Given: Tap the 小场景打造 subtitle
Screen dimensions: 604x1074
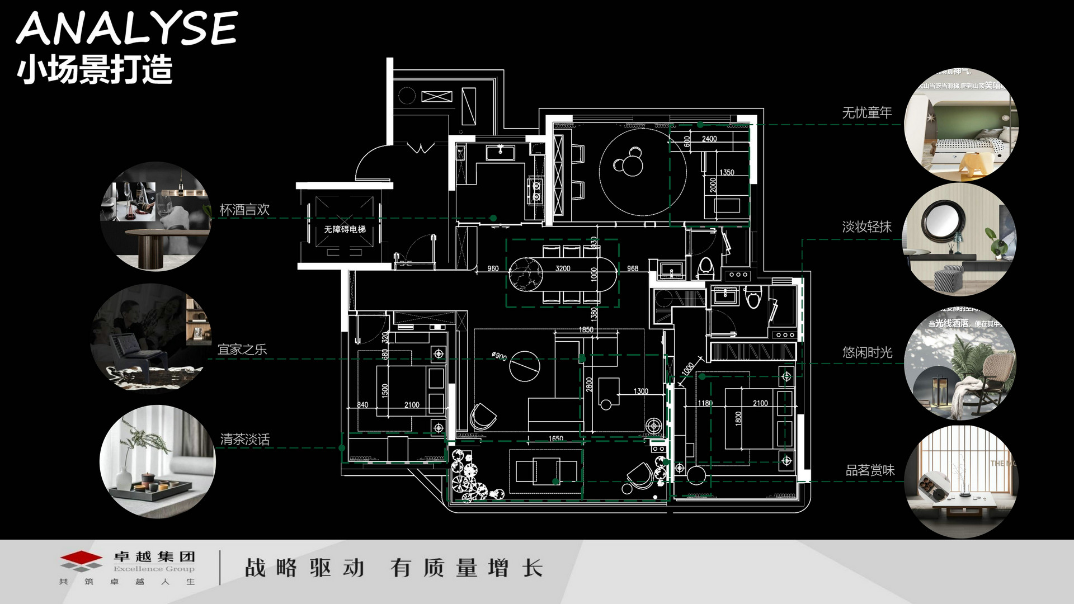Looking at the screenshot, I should [95, 70].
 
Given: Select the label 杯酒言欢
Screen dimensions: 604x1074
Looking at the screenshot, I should [244, 210].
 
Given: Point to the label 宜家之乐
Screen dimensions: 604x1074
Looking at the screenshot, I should [242, 350].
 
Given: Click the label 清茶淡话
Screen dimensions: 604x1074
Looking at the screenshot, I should [244, 439].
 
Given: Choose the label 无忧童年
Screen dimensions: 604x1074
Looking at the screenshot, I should [866, 113].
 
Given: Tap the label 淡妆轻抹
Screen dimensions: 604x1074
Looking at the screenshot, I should [866, 227].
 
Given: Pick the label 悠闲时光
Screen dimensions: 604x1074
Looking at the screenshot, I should [867, 352].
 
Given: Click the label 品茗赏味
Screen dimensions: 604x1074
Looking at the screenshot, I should [869, 470].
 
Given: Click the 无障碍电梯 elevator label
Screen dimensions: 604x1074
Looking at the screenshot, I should [345, 229].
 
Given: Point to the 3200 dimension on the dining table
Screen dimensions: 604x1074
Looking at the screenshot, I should [563, 268].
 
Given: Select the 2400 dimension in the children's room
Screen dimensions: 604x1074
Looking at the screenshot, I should [709, 139].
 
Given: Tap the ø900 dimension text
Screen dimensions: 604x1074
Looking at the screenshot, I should [499, 356].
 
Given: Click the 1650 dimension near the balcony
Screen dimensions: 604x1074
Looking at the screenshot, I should [555, 438].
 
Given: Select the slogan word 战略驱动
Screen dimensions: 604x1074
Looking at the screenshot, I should [305, 568].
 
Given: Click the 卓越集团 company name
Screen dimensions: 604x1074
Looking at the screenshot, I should [154, 556].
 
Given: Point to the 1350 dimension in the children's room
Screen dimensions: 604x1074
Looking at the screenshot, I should [727, 172].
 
